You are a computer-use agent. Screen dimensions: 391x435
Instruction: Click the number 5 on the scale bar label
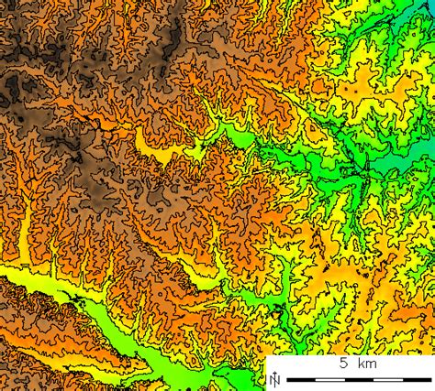coord(342,364)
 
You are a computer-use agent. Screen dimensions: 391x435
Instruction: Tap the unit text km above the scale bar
coord(366,364)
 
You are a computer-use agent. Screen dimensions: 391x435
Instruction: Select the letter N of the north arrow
coord(273,378)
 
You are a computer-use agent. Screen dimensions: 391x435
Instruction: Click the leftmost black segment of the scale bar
coord(296,379)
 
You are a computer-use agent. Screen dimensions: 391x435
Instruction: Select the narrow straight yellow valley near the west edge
coord(21,234)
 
